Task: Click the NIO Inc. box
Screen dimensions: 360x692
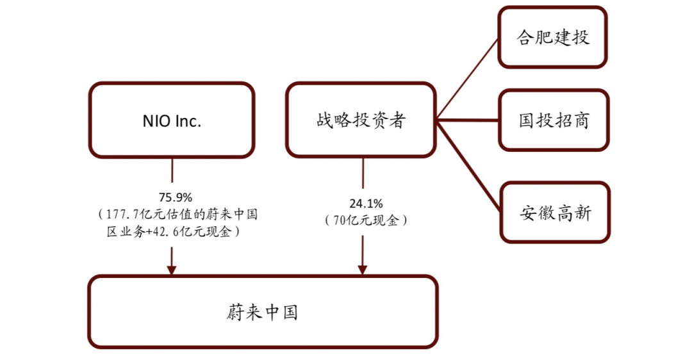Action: coord(172,120)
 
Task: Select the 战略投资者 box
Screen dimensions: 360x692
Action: coord(361,120)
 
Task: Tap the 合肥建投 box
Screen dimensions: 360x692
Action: coord(552,37)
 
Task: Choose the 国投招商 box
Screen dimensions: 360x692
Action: coord(554,120)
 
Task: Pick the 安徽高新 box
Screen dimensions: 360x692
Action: coord(555,213)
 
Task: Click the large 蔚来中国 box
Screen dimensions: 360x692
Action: coord(263,312)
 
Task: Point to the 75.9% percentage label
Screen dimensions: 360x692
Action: coord(172,197)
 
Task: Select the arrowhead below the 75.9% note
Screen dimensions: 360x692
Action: coord(171,269)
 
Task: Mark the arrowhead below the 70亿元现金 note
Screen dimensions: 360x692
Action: coord(362,269)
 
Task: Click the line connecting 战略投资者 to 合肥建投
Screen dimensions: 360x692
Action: coord(468,79)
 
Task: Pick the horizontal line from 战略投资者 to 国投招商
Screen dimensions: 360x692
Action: coord(468,120)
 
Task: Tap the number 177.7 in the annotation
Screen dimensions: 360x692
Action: coord(126,214)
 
